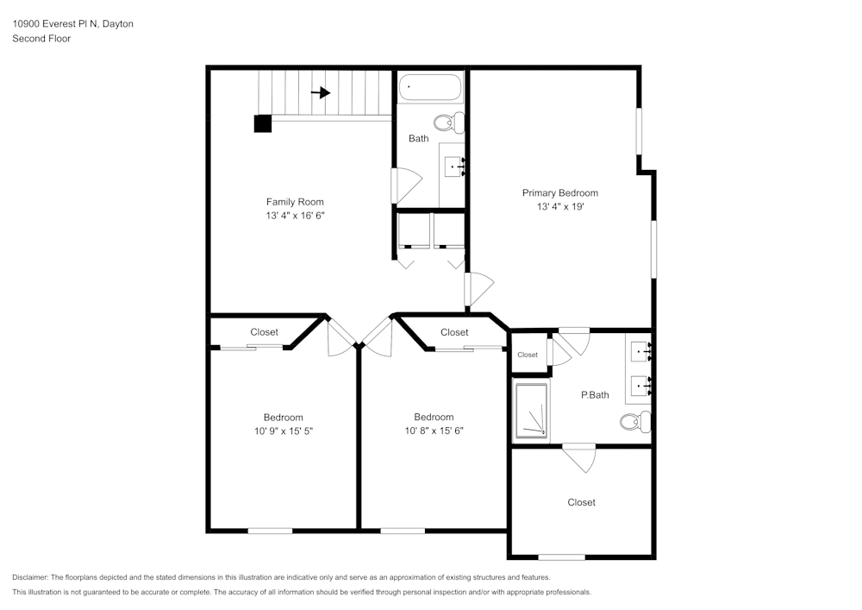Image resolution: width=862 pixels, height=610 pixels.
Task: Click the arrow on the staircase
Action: point(321,93)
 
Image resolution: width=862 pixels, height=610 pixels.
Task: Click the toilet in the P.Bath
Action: point(636,422)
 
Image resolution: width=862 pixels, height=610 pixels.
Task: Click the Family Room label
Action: point(295,202)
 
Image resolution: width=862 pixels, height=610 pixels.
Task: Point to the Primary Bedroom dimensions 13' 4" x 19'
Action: point(559,207)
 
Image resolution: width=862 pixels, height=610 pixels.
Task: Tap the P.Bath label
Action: point(595,395)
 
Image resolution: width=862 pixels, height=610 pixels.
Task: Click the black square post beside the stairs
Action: point(263,123)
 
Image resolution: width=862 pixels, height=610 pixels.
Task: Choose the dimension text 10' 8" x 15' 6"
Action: point(434,431)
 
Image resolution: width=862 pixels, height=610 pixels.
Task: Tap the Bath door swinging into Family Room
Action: point(405,185)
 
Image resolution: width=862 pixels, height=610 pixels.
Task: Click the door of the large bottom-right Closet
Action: point(579,457)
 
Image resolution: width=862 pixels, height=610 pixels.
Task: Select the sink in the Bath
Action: point(453,167)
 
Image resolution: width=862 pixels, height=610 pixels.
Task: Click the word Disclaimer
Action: point(31,577)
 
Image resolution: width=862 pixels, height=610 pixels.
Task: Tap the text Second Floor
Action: point(41,39)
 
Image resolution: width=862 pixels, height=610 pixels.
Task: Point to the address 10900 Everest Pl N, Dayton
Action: point(72,24)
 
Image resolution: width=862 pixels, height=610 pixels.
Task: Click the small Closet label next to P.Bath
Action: point(528,355)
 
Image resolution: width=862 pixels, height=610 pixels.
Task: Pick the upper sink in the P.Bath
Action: point(640,351)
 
